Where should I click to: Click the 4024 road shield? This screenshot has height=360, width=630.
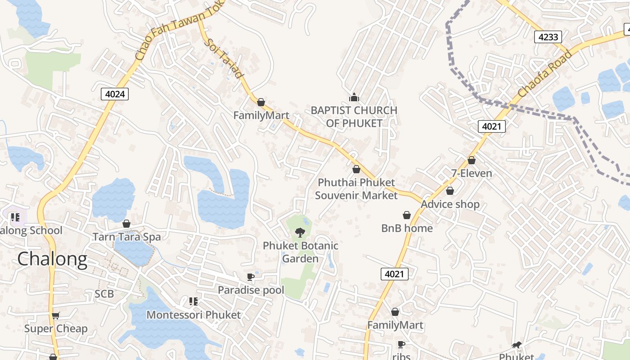click(115, 94)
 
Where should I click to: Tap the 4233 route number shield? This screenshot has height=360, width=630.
click(548, 37)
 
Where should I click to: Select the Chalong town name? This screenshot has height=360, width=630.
click(52, 259)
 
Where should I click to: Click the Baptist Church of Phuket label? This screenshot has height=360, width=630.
click(354, 117)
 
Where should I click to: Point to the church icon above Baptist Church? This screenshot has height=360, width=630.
click(354, 97)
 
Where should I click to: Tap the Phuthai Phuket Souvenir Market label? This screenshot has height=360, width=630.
click(356, 189)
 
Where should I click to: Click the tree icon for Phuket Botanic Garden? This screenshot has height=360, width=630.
click(300, 232)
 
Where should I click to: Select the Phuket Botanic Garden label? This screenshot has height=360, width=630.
click(301, 252)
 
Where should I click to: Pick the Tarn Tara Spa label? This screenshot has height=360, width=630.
click(126, 237)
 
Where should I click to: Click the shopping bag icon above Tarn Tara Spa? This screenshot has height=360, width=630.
click(126, 224)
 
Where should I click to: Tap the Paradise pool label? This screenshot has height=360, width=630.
click(251, 290)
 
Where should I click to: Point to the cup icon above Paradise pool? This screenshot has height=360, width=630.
click(251, 277)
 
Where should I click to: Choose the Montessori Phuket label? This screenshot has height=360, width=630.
click(194, 315)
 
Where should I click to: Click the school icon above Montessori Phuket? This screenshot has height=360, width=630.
click(193, 301)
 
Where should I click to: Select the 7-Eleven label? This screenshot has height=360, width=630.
click(472, 173)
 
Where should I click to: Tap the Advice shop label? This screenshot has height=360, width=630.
click(450, 204)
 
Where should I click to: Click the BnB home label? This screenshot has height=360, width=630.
click(407, 228)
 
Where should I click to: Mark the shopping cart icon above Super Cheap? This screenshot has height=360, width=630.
click(56, 315)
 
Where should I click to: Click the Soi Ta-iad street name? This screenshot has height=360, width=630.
click(224, 58)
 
